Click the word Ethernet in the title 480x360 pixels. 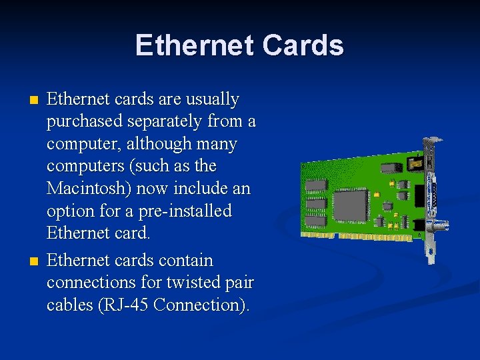(x=194, y=45)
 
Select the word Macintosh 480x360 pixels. (x=88, y=188)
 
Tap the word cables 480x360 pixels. (x=67, y=305)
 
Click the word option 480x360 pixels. (x=69, y=211)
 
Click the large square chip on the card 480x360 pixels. (x=350, y=204)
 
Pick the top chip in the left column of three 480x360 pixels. (x=316, y=185)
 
